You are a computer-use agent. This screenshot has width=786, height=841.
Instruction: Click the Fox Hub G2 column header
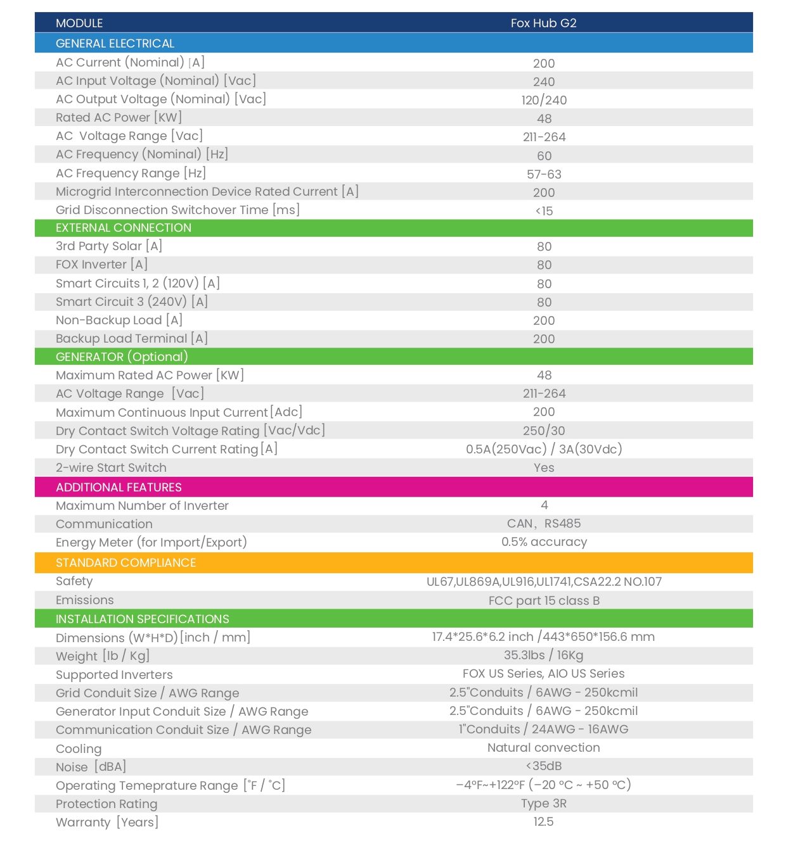(543, 23)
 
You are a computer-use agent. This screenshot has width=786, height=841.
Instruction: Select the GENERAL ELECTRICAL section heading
(115, 43)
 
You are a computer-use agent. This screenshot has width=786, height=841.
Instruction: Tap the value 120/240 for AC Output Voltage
(544, 100)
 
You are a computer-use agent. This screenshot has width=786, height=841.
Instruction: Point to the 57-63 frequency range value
(544, 174)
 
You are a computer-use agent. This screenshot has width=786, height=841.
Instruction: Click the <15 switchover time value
(544, 211)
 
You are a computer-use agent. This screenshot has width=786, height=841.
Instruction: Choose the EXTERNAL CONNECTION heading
(123, 228)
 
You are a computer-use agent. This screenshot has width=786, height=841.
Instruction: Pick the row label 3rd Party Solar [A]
(109, 246)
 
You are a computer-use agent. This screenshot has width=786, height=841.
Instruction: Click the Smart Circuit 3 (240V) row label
(131, 302)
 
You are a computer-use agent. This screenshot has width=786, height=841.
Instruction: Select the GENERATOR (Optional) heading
(122, 357)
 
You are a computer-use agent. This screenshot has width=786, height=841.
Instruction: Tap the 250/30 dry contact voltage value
(544, 431)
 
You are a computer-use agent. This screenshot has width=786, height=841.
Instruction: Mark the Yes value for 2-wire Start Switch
(544, 467)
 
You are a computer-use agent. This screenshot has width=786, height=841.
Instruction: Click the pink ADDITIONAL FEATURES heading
(119, 487)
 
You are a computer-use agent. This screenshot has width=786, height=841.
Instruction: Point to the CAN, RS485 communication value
(544, 524)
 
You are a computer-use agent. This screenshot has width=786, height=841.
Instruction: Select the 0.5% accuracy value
(544, 542)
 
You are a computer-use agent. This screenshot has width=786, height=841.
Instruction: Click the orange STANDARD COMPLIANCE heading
(126, 562)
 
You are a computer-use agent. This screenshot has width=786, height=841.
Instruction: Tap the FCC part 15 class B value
(544, 600)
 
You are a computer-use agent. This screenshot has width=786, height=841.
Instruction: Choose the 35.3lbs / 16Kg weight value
(544, 655)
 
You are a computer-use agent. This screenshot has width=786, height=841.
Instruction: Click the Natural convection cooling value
(544, 748)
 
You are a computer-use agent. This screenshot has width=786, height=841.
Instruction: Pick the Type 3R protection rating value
(544, 804)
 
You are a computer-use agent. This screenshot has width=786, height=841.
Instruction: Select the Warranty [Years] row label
(106, 823)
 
